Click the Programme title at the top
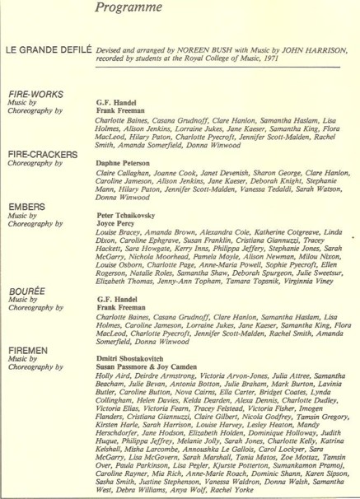[x=147, y=9]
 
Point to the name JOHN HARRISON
[x=310, y=48]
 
